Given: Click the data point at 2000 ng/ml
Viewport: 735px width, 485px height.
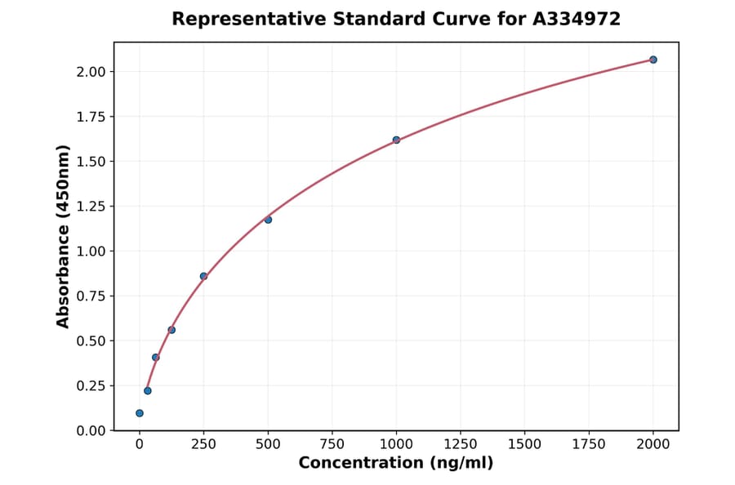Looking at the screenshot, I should tap(653, 60).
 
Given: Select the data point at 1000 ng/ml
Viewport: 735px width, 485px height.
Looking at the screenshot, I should tap(396, 140).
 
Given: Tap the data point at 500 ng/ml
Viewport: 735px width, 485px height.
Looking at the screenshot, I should tap(268, 220).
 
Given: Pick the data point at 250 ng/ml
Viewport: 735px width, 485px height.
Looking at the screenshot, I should tap(203, 276).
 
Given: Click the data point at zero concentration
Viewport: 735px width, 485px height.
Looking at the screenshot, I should tap(140, 413).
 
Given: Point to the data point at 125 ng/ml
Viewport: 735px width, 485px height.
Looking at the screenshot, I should tap(171, 330).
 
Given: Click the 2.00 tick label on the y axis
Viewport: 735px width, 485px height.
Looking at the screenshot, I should tap(91, 72).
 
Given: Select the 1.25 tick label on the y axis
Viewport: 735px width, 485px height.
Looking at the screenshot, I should tap(91, 207).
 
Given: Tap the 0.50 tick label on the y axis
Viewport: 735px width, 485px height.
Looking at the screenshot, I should tap(91, 340).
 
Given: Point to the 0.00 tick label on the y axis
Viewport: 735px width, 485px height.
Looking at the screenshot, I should tap(91, 430).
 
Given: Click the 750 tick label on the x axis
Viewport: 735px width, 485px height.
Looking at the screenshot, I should tap(332, 444).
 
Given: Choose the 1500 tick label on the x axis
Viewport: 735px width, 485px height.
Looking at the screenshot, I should tap(524, 444).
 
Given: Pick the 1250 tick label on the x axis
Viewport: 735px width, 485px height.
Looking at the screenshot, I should tap(461, 444).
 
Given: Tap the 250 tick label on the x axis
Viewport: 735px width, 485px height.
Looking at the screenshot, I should tap(203, 444).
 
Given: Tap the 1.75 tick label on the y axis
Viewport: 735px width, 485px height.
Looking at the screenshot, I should tap(91, 117).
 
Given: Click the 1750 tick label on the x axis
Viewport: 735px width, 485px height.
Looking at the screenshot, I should tap(589, 444).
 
